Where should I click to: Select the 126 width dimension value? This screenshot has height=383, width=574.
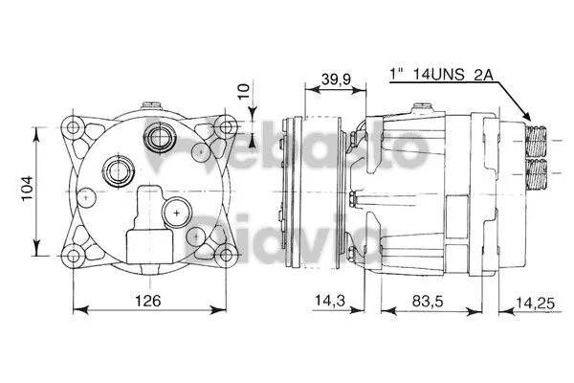pyautogui.click(x=146, y=300)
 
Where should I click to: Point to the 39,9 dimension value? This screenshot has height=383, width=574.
pyautogui.click(x=334, y=77)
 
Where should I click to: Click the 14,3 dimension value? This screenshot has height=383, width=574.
pyautogui.click(x=328, y=301)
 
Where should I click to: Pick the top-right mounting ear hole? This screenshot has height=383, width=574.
pyautogui.click(x=227, y=127)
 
